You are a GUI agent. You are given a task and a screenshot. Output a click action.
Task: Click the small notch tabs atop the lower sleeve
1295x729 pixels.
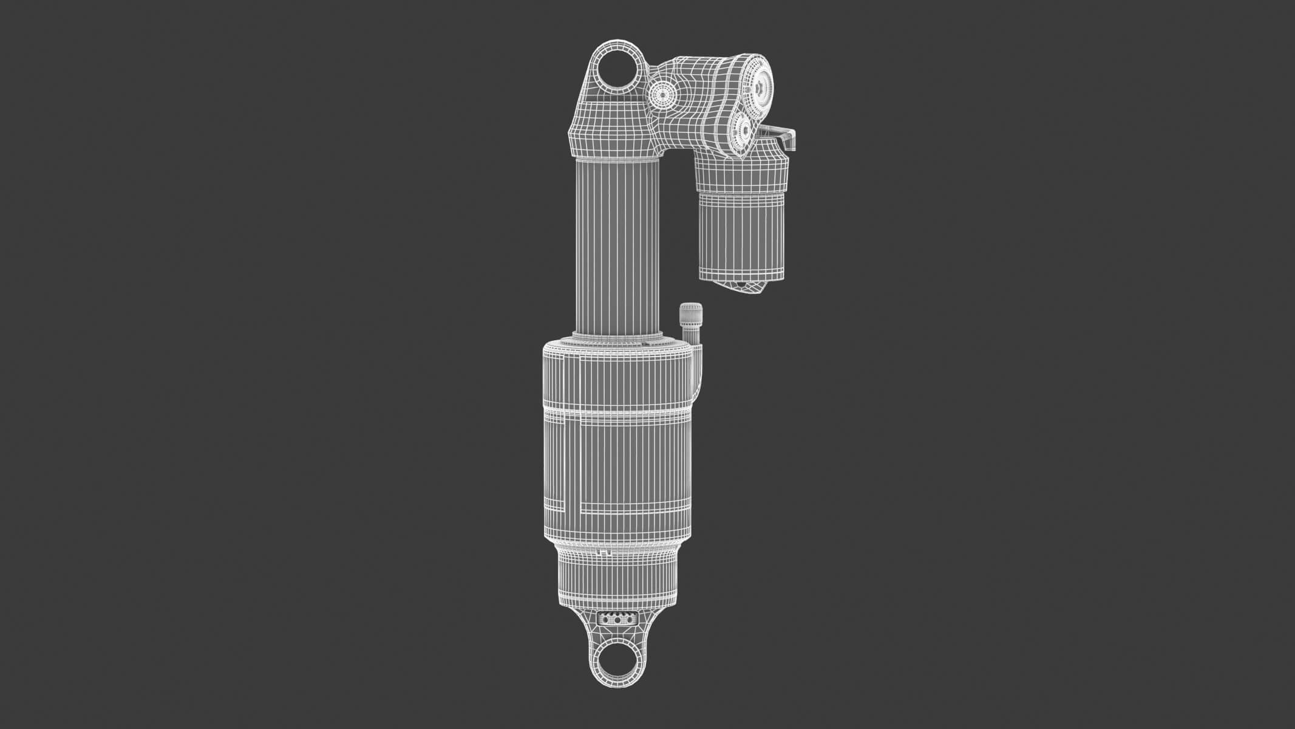tap(602, 551)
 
